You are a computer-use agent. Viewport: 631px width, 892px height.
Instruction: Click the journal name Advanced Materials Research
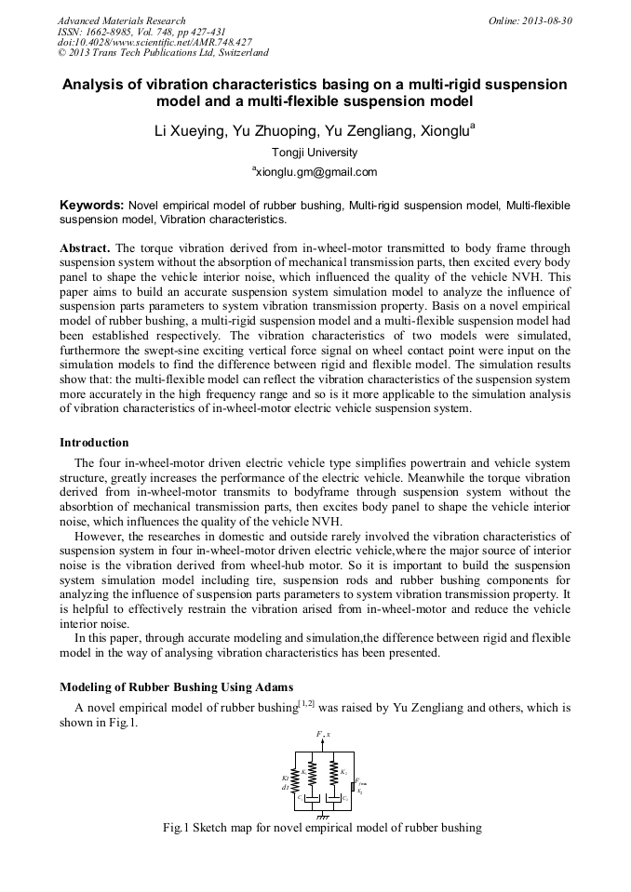121,20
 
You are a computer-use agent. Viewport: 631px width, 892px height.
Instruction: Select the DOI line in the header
154,42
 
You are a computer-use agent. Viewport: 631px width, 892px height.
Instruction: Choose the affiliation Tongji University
315,153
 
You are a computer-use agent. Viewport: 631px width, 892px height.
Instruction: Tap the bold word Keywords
91,204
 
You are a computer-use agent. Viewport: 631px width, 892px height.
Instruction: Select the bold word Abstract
85,249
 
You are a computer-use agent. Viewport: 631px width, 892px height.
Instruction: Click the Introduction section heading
94,442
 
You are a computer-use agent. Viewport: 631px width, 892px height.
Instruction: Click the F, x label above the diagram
323,735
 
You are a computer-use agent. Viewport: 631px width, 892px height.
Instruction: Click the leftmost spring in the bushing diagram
295,779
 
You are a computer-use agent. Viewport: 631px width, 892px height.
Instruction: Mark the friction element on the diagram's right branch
354,787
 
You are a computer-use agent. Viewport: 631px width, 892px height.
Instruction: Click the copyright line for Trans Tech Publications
163,53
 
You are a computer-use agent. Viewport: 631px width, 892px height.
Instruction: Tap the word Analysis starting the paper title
97,85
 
